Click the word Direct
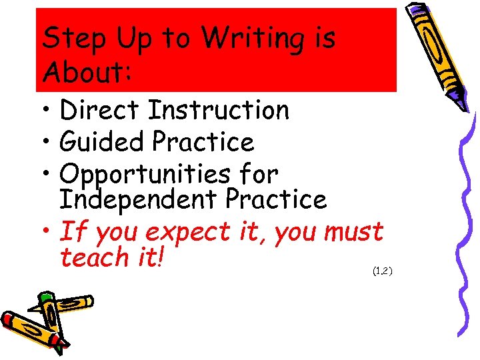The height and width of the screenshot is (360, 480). click(x=99, y=110)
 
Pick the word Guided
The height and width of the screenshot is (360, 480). click(x=101, y=142)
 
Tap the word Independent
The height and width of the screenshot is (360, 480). click(x=135, y=199)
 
